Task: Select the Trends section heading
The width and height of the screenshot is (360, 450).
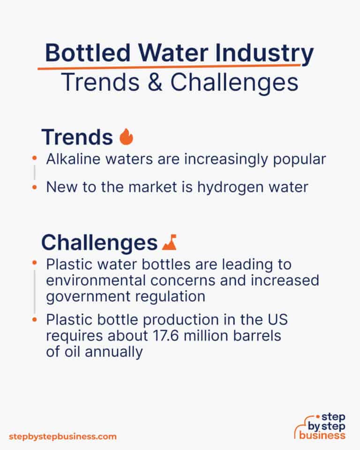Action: [77, 137]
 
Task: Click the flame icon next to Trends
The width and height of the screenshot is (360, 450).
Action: [126, 137]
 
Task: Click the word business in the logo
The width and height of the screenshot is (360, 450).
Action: [323, 435]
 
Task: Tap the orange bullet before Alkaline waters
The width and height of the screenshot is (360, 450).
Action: [34, 159]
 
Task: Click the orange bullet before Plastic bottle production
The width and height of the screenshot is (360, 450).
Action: [34, 320]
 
